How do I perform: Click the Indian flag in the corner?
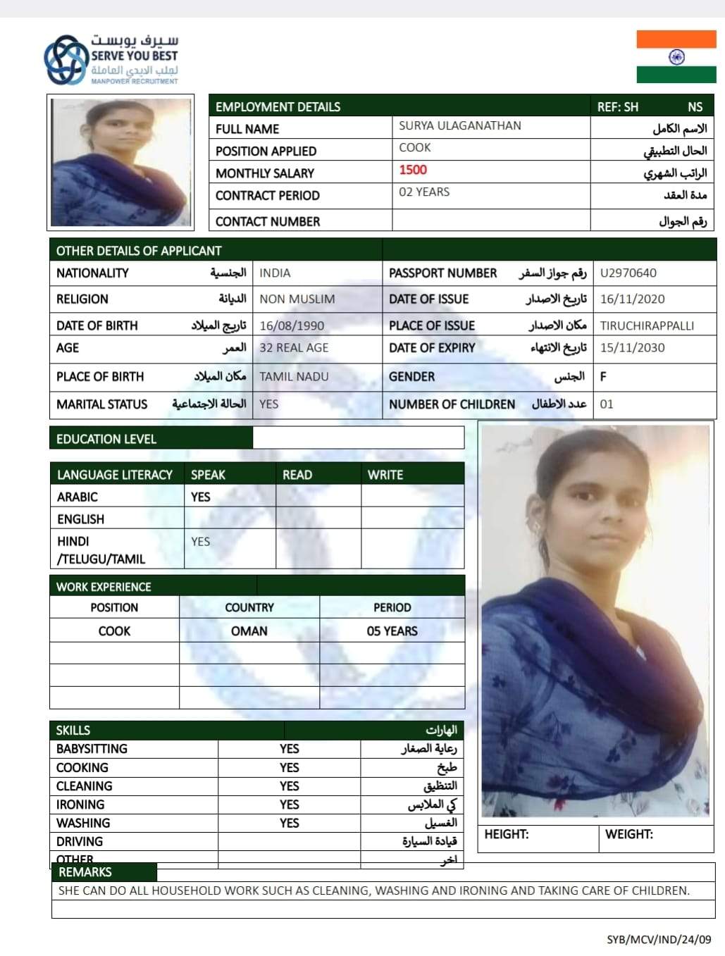tap(676, 56)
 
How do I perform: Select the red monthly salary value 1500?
tap(413, 170)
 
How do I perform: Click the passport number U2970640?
tap(628, 273)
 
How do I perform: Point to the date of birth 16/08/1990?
tap(292, 325)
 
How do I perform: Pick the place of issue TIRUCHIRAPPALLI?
tap(647, 325)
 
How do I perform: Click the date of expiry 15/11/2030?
tap(632, 347)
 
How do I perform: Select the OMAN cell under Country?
tap(249, 631)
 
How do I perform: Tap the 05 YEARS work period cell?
tap(392, 631)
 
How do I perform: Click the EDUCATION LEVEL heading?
tap(106, 439)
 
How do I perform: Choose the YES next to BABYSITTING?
tap(289, 749)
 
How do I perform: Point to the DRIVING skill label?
tap(80, 841)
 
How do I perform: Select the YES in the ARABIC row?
tap(201, 497)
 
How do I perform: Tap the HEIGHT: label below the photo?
tap(507, 834)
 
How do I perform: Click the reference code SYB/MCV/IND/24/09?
tap(659, 940)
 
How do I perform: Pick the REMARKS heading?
tap(85, 872)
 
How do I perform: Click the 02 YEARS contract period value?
tap(424, 192)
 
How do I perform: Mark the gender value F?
tap(603, 376)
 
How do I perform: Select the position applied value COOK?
tap(415, 147)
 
